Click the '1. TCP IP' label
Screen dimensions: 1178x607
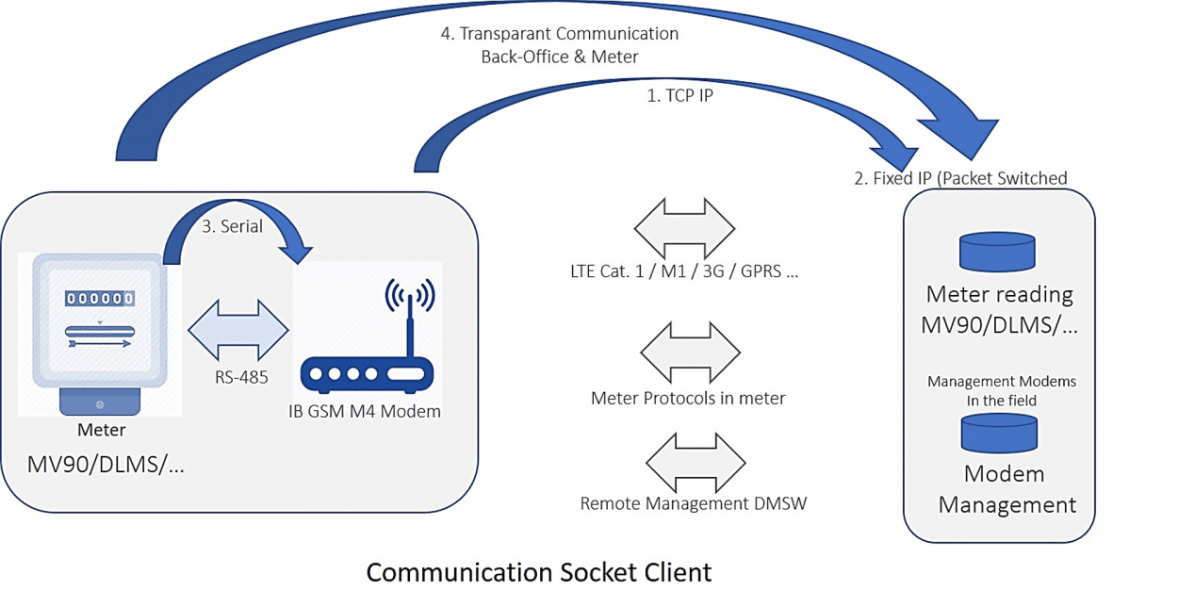679,96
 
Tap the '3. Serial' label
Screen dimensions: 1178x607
232,226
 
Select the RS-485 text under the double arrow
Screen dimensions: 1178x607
241,377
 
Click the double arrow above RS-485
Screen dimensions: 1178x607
238,330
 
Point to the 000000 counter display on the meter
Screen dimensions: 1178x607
100,299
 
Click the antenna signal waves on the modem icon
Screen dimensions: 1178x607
410,295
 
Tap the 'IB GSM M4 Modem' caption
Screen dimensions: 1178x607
365,411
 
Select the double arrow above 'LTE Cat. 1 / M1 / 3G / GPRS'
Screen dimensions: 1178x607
684,229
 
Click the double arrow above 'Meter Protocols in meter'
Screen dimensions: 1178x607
691,353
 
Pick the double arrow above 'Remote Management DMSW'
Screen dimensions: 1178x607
695,463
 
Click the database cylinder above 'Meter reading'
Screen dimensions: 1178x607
997,252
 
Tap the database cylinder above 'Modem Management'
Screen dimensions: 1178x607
999,433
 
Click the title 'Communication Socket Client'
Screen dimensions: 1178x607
539,572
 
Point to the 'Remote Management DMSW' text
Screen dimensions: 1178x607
693,503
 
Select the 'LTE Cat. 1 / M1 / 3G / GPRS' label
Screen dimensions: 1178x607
684,271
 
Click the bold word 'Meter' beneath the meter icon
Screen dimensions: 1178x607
102,430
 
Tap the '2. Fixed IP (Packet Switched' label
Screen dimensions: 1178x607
960,179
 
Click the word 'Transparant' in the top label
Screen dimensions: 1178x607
505,34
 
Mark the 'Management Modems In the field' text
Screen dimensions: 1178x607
1001,391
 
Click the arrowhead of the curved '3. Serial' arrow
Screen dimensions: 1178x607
296,252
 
